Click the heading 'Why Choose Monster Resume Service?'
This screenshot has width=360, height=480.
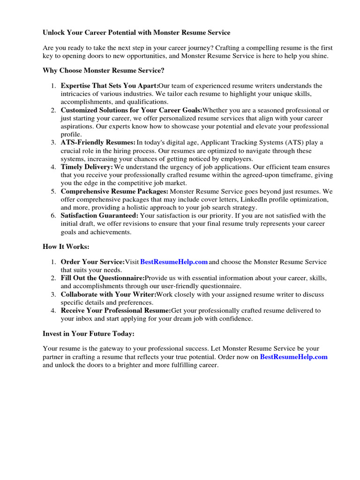pos(104,70)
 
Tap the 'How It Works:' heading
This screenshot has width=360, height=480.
pos(66,246)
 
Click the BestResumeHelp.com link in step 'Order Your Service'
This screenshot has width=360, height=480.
pos(174,262)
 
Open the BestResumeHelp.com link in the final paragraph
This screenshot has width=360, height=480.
pos(293,357)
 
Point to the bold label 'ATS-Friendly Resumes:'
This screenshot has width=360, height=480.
pos(98,142)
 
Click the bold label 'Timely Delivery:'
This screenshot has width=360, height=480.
pos(87,167)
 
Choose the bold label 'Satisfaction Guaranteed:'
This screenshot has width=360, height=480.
pos(99,216)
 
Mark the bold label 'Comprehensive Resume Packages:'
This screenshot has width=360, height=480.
pos(114,191)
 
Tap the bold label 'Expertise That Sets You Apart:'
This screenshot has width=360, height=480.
pos(109,86)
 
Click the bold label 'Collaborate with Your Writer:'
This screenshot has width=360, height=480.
pos(108,294)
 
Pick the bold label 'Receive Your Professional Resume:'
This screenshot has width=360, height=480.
pos(116,310)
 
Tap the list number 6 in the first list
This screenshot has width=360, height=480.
pos(53,216)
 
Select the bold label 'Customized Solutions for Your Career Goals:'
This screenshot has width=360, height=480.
pos(131,110)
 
